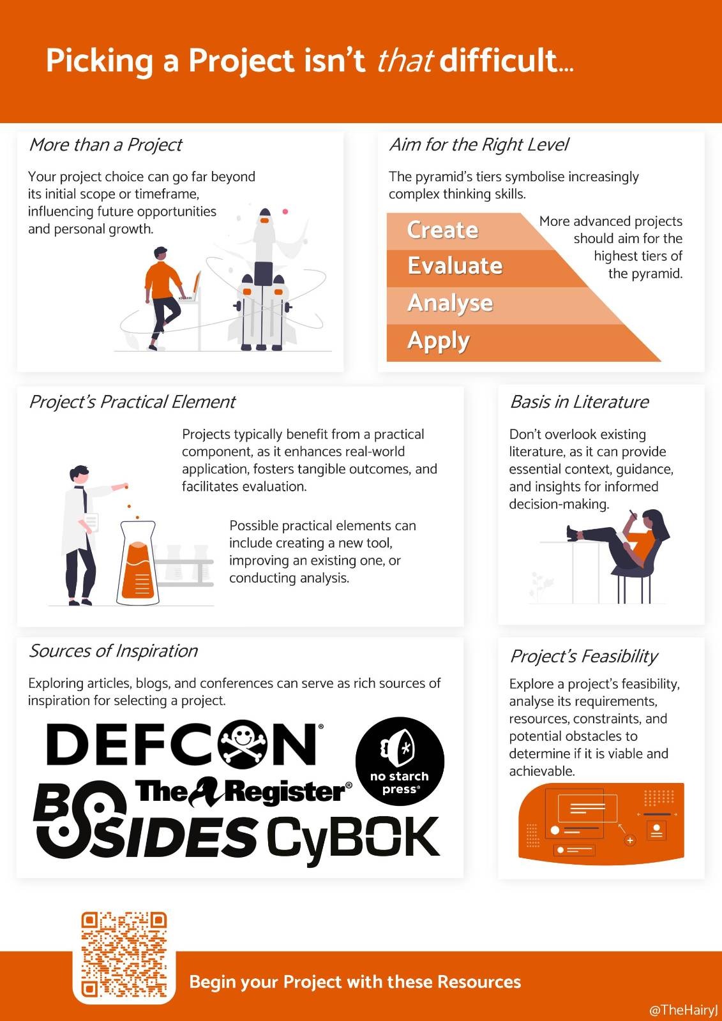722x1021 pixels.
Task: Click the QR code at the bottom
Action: coord(124,955)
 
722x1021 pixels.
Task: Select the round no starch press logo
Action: coord(400,761)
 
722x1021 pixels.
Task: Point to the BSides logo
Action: coord(144,823)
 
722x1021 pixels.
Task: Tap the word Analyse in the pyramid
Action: coord(450,303)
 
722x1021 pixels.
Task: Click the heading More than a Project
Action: coord(105,144)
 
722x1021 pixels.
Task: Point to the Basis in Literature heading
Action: coord(579,401)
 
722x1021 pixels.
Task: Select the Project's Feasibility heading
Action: coord(583,657)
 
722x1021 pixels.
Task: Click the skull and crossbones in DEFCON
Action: coord(243,744)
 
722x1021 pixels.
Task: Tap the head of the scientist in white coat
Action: coord(79,475)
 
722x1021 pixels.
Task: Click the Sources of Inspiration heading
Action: coord(113,651)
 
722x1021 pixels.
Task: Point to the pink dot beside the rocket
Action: coord(285,211)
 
